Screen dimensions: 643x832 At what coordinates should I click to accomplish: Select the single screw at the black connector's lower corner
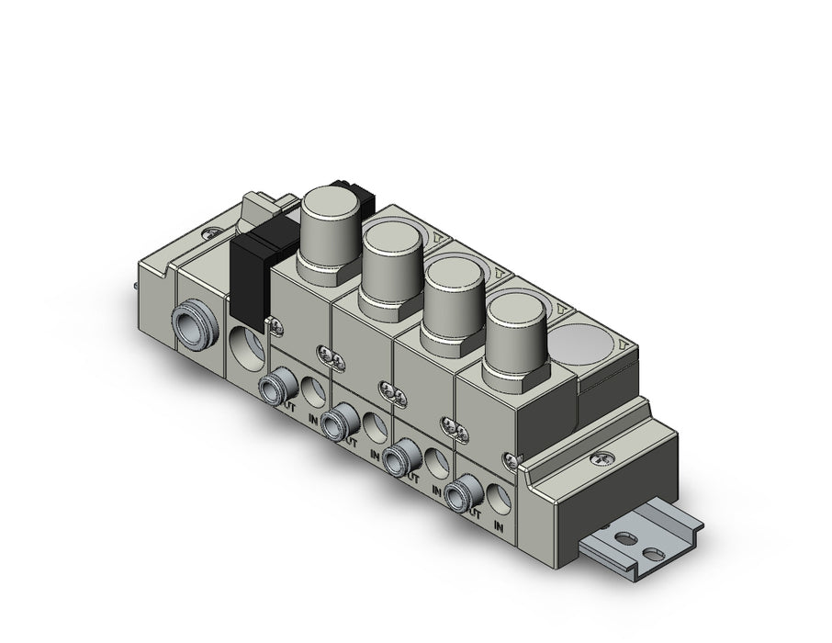[274, 321]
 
